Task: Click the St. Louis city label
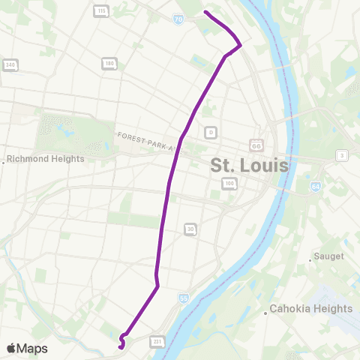250,165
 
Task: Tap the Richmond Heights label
46,159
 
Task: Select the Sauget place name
330,256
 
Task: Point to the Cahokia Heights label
311,308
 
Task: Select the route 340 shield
10,65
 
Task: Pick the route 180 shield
109,64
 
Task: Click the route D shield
211,132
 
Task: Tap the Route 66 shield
256,145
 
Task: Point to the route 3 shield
342,155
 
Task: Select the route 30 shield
190,229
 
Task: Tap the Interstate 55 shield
184,298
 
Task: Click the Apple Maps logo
26,348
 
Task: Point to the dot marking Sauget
310,260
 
